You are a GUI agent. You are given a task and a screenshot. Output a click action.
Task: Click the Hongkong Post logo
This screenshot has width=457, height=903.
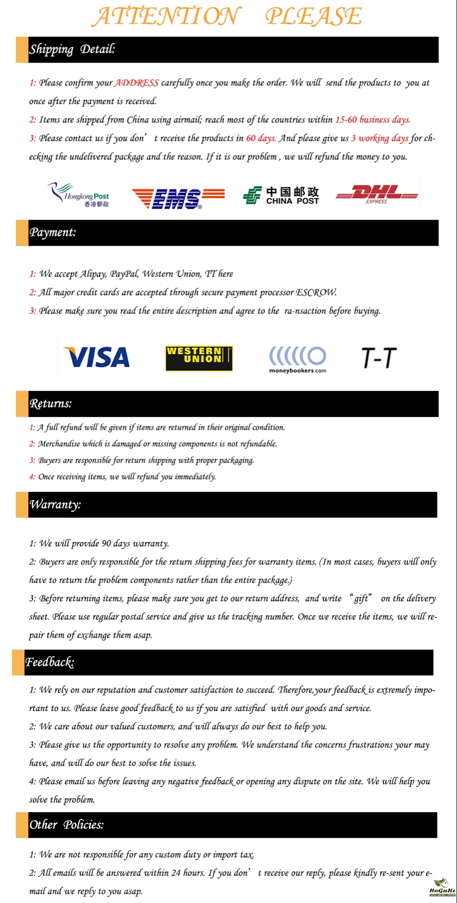[x=79, y=195]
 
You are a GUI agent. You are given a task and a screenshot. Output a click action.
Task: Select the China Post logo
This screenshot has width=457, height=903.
[x=281, y=196]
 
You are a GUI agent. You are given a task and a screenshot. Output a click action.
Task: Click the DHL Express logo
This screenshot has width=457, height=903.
[x=377, y=194]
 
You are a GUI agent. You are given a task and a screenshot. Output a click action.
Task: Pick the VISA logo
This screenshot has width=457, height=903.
[x=97, y=358]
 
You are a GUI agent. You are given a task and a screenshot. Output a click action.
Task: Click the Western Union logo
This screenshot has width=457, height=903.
[x=199, y=358]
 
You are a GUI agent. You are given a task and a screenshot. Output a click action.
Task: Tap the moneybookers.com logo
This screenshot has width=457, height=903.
[x=297, y=359]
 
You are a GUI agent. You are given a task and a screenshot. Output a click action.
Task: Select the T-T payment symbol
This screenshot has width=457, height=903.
[x=379, y=358]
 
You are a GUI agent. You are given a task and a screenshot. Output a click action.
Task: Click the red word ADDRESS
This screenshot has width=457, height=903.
[x=137, y=83]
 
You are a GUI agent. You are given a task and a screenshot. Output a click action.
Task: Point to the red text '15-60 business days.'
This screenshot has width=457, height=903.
[x=373, y=120]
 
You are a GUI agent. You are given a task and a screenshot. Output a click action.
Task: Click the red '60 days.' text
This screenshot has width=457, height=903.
[x=261, y=138]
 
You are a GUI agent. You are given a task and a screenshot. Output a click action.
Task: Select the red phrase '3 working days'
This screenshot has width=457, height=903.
[x=380, y=138]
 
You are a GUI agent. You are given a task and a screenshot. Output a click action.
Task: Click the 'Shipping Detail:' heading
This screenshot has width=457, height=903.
[x=72, y=49]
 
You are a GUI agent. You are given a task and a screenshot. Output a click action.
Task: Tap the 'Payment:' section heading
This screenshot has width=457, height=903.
[x=53, y=232]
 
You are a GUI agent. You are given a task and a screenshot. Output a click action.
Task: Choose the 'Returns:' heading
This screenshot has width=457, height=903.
[x=51, y=403]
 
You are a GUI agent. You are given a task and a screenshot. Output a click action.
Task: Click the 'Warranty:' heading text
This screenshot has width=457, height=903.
[x=55, y=504]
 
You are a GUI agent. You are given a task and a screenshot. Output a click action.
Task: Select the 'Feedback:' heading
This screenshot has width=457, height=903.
[x=50, y=662]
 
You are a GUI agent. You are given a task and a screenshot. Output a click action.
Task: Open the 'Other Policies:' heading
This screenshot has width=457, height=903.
[x=66, y=825]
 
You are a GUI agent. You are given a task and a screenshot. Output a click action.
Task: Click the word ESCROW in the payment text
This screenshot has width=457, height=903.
[x=316, y=292]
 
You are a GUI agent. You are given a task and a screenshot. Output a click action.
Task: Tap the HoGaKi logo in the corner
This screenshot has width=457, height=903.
[x=442, y=888]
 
